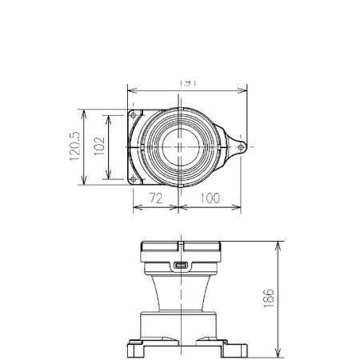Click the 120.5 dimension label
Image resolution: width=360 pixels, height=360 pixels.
[x=75, y=146]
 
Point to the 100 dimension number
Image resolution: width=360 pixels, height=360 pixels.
[x=210, y=198]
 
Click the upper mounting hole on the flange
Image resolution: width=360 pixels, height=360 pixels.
[x=134, y=117]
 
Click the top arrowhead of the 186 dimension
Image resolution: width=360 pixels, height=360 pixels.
[x=278, y=243]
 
